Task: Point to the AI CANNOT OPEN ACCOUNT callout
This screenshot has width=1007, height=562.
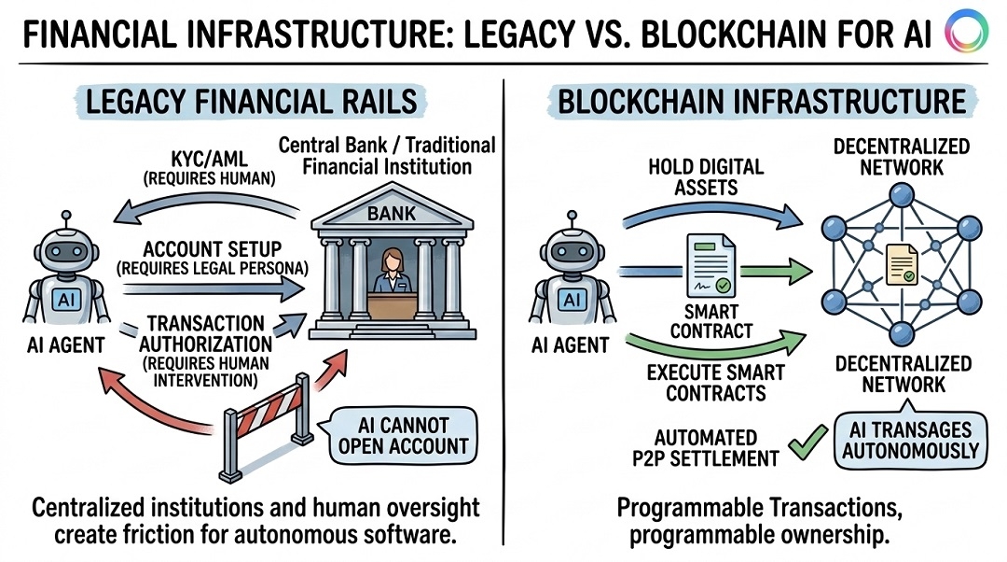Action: [402, 433]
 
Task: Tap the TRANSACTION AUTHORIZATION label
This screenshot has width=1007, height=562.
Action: [208, 333]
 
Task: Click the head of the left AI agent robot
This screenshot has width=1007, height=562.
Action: [64, 248]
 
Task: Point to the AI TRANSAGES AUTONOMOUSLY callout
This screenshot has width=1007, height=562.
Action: [913, 440]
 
